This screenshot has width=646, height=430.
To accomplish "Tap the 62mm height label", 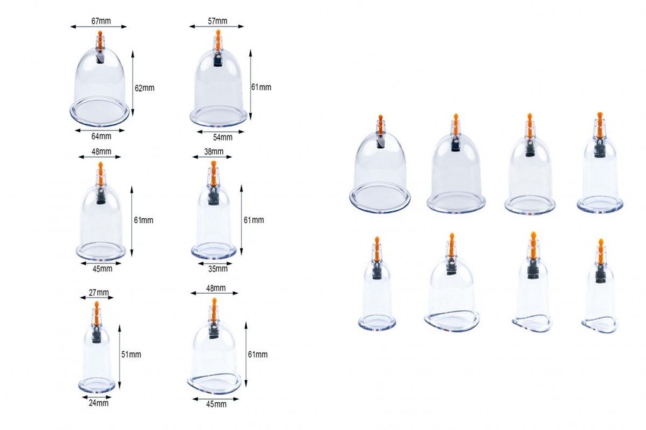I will pyautogui.click(x=144, y=88).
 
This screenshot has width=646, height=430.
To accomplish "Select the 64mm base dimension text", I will pyautogui.click(x=101, y=136).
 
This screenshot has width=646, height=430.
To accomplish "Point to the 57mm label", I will pyautogui.click(x=217, y=20).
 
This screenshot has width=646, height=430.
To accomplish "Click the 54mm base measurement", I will pyautogui.click(x=223, y=137).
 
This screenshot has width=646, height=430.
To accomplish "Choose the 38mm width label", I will pyautogui.click(x=214, y=151).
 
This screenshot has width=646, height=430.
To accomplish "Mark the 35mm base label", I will pyautogui.click(x=218, y=269).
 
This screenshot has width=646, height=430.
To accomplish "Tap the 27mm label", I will pyautogui.click(x=98, y=293).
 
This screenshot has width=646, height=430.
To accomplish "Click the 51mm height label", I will pyautogui.click(x=131, y=354).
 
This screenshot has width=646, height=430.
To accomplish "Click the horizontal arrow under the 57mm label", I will pyautogui.click(x=217, y=27).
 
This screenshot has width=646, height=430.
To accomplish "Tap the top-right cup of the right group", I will pyautogui.click(x=599, y=167).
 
